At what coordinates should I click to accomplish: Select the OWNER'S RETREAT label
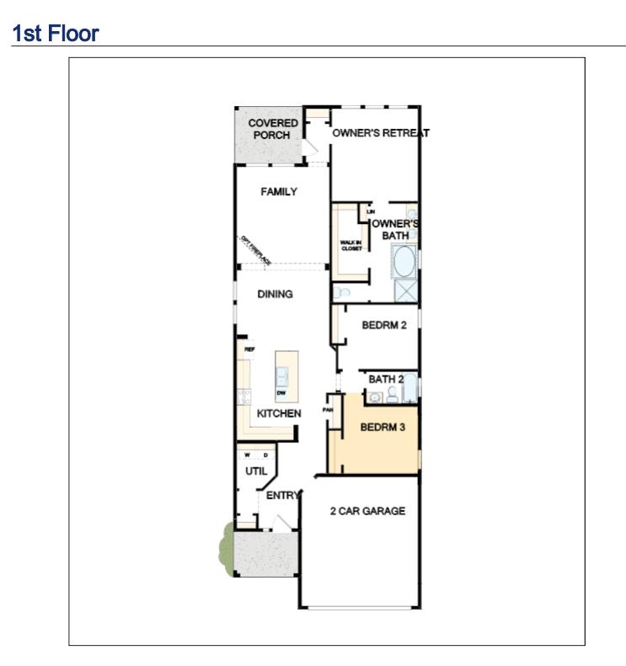(x=380, y=133)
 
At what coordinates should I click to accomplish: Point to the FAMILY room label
(x=278, y=192)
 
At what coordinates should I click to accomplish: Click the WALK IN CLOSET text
(x=350, y=245)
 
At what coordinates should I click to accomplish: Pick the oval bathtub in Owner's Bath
(x=403, y=263)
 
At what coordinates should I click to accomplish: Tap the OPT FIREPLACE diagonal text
(x=255, y=249)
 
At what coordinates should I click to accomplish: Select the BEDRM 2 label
(x=384, y=325)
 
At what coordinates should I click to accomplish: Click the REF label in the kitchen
(x=249, y=349)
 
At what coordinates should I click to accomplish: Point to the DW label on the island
(x=281, y=392)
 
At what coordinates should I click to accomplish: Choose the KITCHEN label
(x=279, y=414)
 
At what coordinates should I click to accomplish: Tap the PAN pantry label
(x=328, y=410)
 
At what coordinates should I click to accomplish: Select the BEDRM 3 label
(x=383, y=428)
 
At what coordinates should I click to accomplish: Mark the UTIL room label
(x=255, y=472)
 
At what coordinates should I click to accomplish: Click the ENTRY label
(x=282, y=496)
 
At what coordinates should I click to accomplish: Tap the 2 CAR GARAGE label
(x=367, y=511)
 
